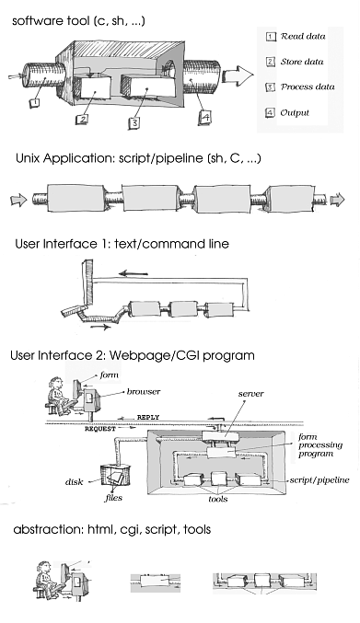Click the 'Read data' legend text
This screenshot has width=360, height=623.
coord(303,36)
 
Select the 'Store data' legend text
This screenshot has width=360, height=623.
coord(302,62)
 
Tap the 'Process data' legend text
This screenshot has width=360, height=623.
coord(308,87)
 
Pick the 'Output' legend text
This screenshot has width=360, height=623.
coord(295,113)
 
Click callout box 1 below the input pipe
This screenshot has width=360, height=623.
coord(35,102)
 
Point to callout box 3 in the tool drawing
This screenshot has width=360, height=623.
coord(134,122)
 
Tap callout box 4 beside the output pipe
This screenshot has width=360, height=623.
coord(204,117)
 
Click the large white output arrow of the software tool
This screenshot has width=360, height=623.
coord(238,75)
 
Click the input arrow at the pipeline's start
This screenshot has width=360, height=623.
coord(18,200)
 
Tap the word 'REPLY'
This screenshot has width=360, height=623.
coord(148,417)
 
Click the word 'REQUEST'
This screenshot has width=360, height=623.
coord(100,429)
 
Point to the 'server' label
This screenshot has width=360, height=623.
coord(251,394)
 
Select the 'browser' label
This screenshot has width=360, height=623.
coord(144,391)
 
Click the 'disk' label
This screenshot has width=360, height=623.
coord(74,482)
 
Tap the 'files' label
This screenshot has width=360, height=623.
coord(113,498)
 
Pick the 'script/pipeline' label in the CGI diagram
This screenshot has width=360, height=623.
coord(319,480)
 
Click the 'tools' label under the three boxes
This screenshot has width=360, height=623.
coord(217,499)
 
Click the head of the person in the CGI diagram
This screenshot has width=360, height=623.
coord(56,384)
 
